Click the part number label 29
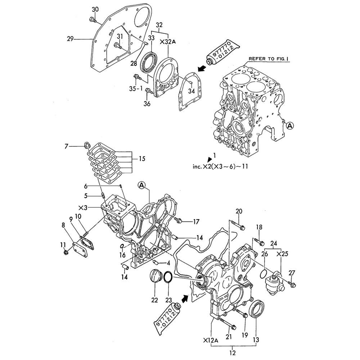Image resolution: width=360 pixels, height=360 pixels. [70, 39]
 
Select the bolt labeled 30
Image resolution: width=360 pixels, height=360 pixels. [93, 20]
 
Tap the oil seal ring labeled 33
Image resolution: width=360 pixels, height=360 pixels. [149, 62]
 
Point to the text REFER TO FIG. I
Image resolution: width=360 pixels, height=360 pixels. [269, 59]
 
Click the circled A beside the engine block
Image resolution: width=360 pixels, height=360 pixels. [290, 126]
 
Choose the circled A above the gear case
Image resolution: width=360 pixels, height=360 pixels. [142, 185]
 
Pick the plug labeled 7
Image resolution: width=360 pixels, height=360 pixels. [87, 145]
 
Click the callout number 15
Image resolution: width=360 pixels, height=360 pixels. [142, 158]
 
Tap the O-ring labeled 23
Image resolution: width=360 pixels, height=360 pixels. [168, 277]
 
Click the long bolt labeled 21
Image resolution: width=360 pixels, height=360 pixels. [228, 323]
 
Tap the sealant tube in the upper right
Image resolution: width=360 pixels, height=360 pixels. [223, 54]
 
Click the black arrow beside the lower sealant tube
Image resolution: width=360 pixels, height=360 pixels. [184, 299]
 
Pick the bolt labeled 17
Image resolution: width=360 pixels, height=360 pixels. [179, 220]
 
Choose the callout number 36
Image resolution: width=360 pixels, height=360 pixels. [147, 104]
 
